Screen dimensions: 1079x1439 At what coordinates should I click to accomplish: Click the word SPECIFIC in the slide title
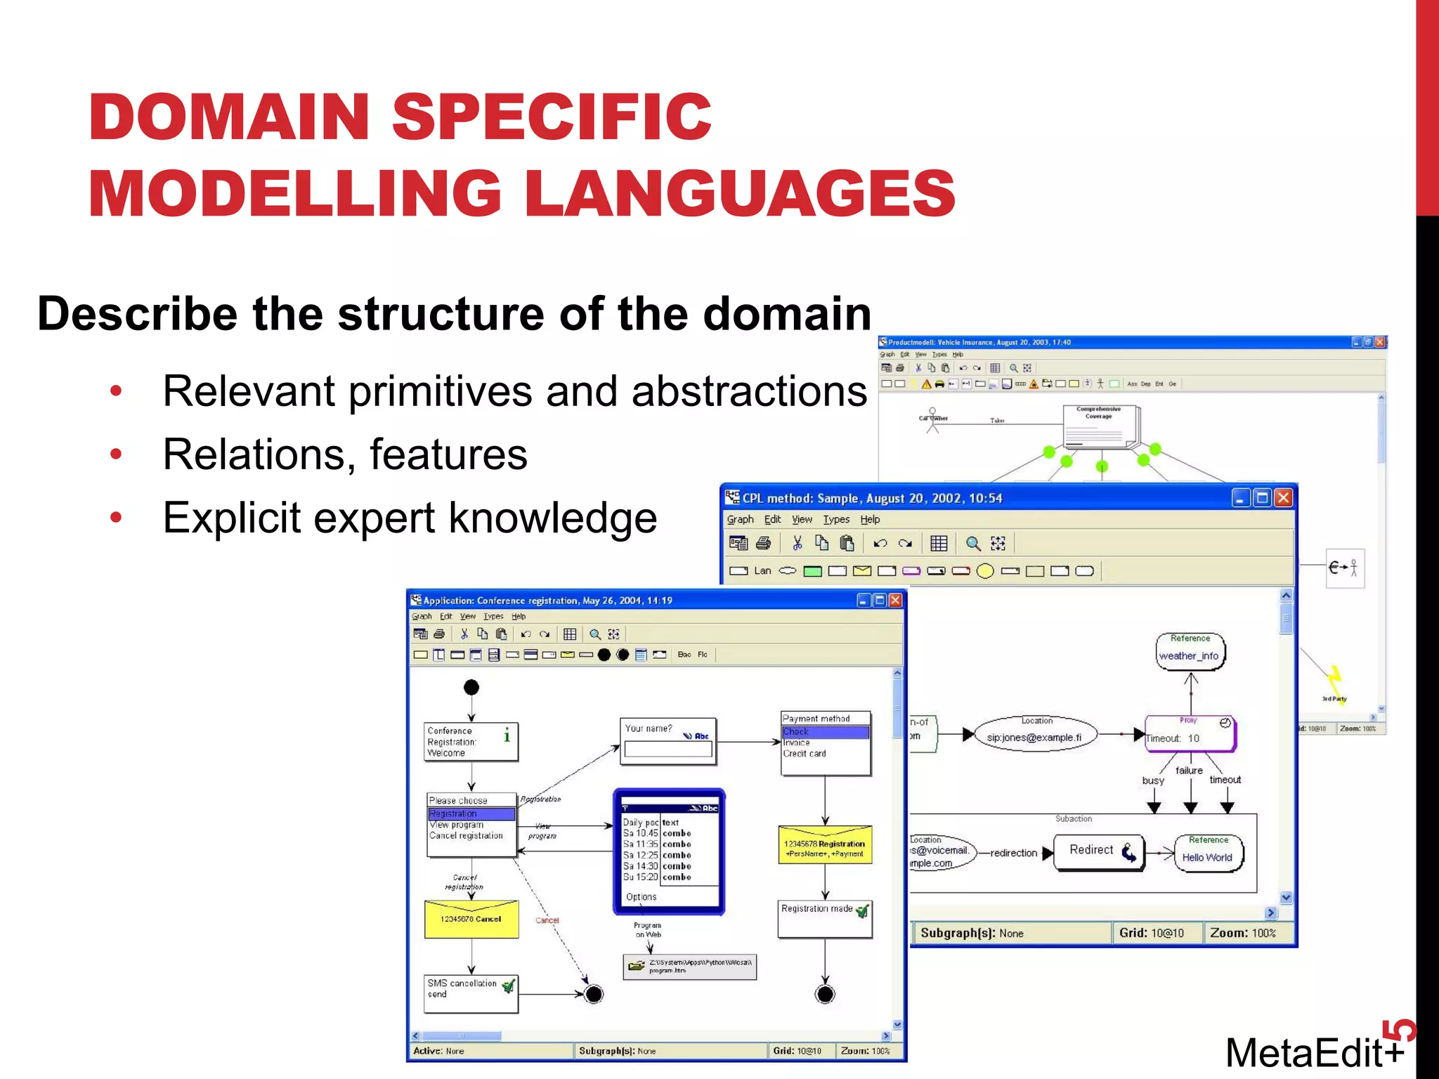tap(552, 117)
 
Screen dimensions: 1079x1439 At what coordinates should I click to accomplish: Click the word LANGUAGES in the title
tap(740, 194)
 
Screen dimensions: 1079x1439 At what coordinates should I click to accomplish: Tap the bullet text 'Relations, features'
tap(344, 455)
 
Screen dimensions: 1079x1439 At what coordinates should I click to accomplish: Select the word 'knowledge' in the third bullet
tap(552, 518)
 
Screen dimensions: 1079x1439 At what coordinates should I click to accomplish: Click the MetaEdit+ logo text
tap(1314, 1052)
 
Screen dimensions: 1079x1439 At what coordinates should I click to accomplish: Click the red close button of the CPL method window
tap(1283, 498)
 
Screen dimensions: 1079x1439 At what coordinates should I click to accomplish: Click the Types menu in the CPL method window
tap(836, 520)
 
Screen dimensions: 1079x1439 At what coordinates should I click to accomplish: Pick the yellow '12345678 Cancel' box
tap(471, 919)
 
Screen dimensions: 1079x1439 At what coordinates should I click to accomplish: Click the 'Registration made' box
tap(824, 918)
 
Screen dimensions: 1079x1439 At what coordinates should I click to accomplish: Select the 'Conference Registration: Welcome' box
tap(470, 742)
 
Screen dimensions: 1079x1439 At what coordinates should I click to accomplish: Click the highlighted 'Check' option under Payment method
tap(825, 732)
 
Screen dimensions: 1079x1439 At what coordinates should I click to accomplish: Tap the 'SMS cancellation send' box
tap(470, 992)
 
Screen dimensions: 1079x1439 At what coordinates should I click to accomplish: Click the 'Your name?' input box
tap(668, 750)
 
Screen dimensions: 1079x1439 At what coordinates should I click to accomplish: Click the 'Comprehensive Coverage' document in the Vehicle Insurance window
tap(1098, 426)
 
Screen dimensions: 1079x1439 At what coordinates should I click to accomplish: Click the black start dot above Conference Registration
tap(471, 687)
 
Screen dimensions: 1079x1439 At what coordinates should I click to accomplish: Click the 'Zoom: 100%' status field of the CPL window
tap(1242, 933)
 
